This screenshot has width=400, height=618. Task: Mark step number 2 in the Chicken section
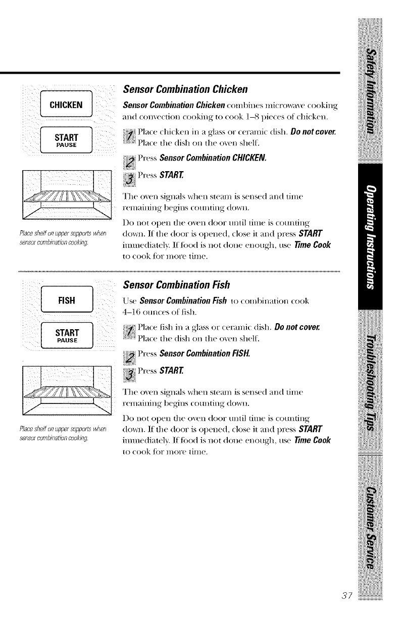130,162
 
